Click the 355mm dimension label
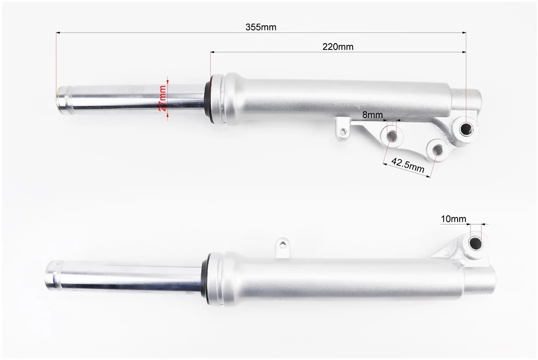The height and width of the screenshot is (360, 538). point(261,27)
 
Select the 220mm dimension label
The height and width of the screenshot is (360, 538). point(338,47)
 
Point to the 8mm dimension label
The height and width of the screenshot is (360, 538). point(372,115)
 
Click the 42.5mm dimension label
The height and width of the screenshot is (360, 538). point(408,165)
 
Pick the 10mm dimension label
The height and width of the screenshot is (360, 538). point(453,219)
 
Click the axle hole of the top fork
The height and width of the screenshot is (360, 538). point(466,129)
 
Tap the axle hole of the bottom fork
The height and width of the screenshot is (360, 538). point(475,243)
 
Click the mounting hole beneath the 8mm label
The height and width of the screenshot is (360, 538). point(391,135)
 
